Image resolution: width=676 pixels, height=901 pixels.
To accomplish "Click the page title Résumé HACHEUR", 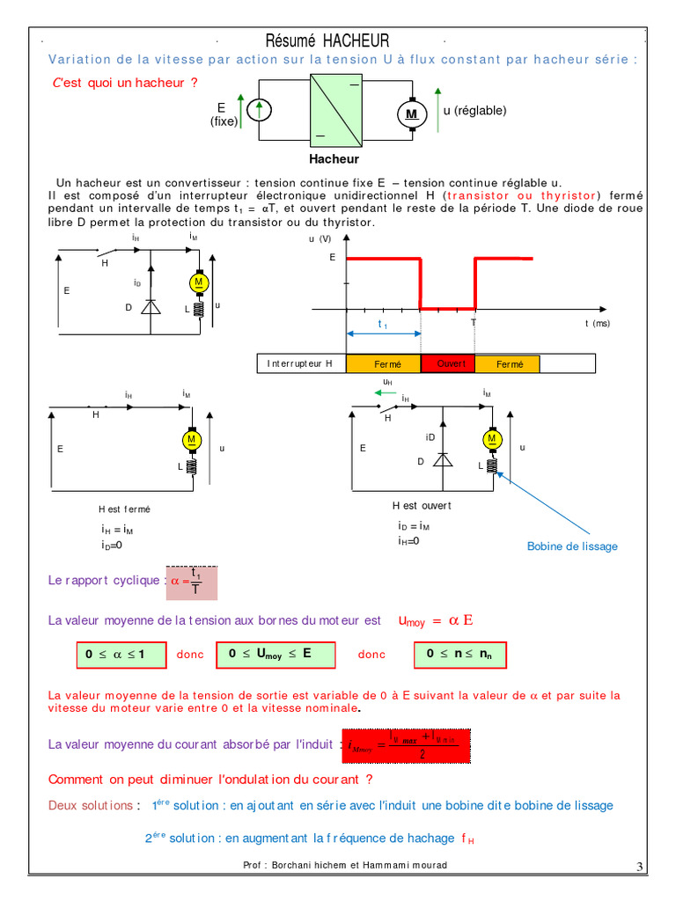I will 327,40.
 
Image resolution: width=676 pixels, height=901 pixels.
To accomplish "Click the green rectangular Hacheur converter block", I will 335,110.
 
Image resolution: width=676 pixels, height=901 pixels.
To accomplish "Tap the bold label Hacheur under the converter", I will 334,159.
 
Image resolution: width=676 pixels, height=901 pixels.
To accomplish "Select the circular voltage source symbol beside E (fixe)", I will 260,110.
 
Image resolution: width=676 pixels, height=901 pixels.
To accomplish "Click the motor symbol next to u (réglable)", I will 411,114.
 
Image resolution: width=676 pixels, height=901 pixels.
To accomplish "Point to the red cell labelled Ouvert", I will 448,363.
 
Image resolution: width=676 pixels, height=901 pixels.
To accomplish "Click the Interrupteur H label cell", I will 301,363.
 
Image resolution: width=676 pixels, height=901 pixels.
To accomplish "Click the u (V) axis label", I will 320,238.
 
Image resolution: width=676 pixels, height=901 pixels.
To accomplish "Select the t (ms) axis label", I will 598,324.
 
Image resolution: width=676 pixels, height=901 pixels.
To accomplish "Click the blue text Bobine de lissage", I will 572,546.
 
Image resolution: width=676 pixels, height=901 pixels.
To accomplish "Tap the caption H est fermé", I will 124,509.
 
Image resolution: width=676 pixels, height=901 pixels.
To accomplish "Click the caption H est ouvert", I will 422,506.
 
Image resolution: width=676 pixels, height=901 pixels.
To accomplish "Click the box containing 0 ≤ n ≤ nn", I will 460,655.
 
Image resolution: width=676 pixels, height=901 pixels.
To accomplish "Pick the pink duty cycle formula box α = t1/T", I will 190,581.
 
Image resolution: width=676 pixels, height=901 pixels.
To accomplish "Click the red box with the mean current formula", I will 406,744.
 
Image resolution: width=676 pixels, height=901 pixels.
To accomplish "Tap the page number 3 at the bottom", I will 639,868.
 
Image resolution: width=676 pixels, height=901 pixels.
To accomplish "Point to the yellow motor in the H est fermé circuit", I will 191,439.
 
